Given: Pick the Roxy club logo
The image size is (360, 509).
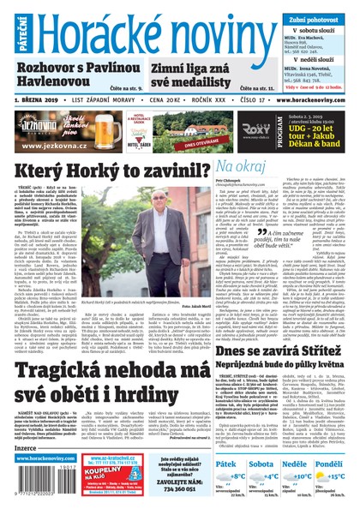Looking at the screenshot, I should [x=233, y=130].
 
